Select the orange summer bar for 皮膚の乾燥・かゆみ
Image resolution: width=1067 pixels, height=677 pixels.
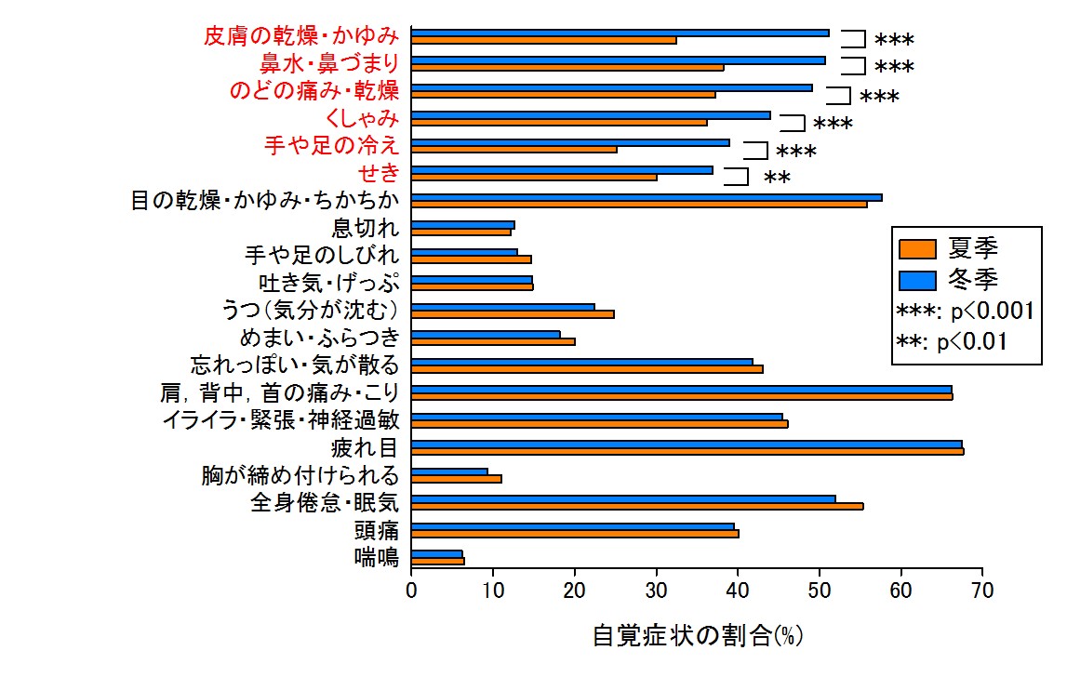pos(543,40)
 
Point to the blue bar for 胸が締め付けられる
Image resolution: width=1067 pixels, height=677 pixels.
pos(449,471)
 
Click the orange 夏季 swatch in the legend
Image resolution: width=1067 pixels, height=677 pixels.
pos(918,248)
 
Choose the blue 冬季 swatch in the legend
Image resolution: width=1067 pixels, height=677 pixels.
pos(918,278)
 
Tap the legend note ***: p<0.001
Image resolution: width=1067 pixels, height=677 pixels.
pos(964,311)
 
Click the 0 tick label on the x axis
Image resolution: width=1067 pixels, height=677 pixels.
pos(411,590)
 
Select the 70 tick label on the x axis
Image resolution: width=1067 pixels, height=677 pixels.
pos(981,590)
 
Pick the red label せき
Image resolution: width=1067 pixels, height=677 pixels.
pos(379,173)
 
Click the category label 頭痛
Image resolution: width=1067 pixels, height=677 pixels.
pos(376,531)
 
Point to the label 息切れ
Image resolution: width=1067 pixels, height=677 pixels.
pos(366,228)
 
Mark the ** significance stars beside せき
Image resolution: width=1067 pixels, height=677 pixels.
pos(777,179)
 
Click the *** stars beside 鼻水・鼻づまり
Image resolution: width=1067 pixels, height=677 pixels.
pos(894,68)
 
